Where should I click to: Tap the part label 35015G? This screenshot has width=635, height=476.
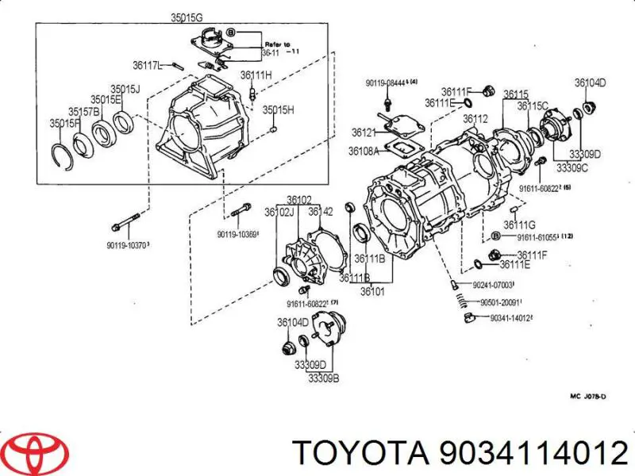coord(186,17)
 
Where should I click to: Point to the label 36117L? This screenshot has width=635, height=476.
coord(148,65)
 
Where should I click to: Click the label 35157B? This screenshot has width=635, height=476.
coord(83,112)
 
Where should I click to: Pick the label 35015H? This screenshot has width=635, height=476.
coord(279,109)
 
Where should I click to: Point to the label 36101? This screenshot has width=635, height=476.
coord(374,290)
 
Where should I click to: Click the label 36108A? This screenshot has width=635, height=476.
coord(365,152)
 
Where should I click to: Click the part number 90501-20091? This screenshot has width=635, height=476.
coord(497,302)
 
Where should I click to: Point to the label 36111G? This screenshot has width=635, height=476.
coord(521,225)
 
